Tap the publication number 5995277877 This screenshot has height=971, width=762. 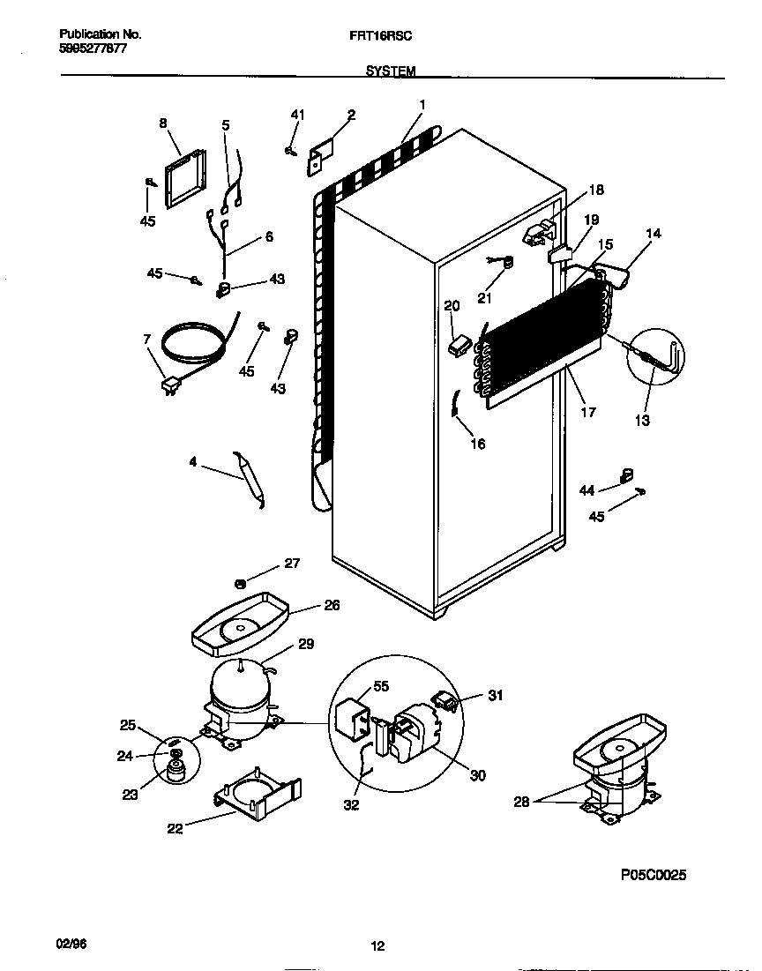point(93,49)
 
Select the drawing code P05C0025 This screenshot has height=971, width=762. point(653,875)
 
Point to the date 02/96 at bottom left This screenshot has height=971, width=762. point(73,945)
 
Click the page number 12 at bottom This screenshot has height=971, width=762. point(377,947)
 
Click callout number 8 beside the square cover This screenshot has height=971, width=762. point(163,124)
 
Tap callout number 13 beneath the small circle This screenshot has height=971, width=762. point(642,421)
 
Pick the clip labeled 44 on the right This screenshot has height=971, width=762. point(627,476)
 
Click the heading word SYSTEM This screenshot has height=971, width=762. point(390,71)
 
